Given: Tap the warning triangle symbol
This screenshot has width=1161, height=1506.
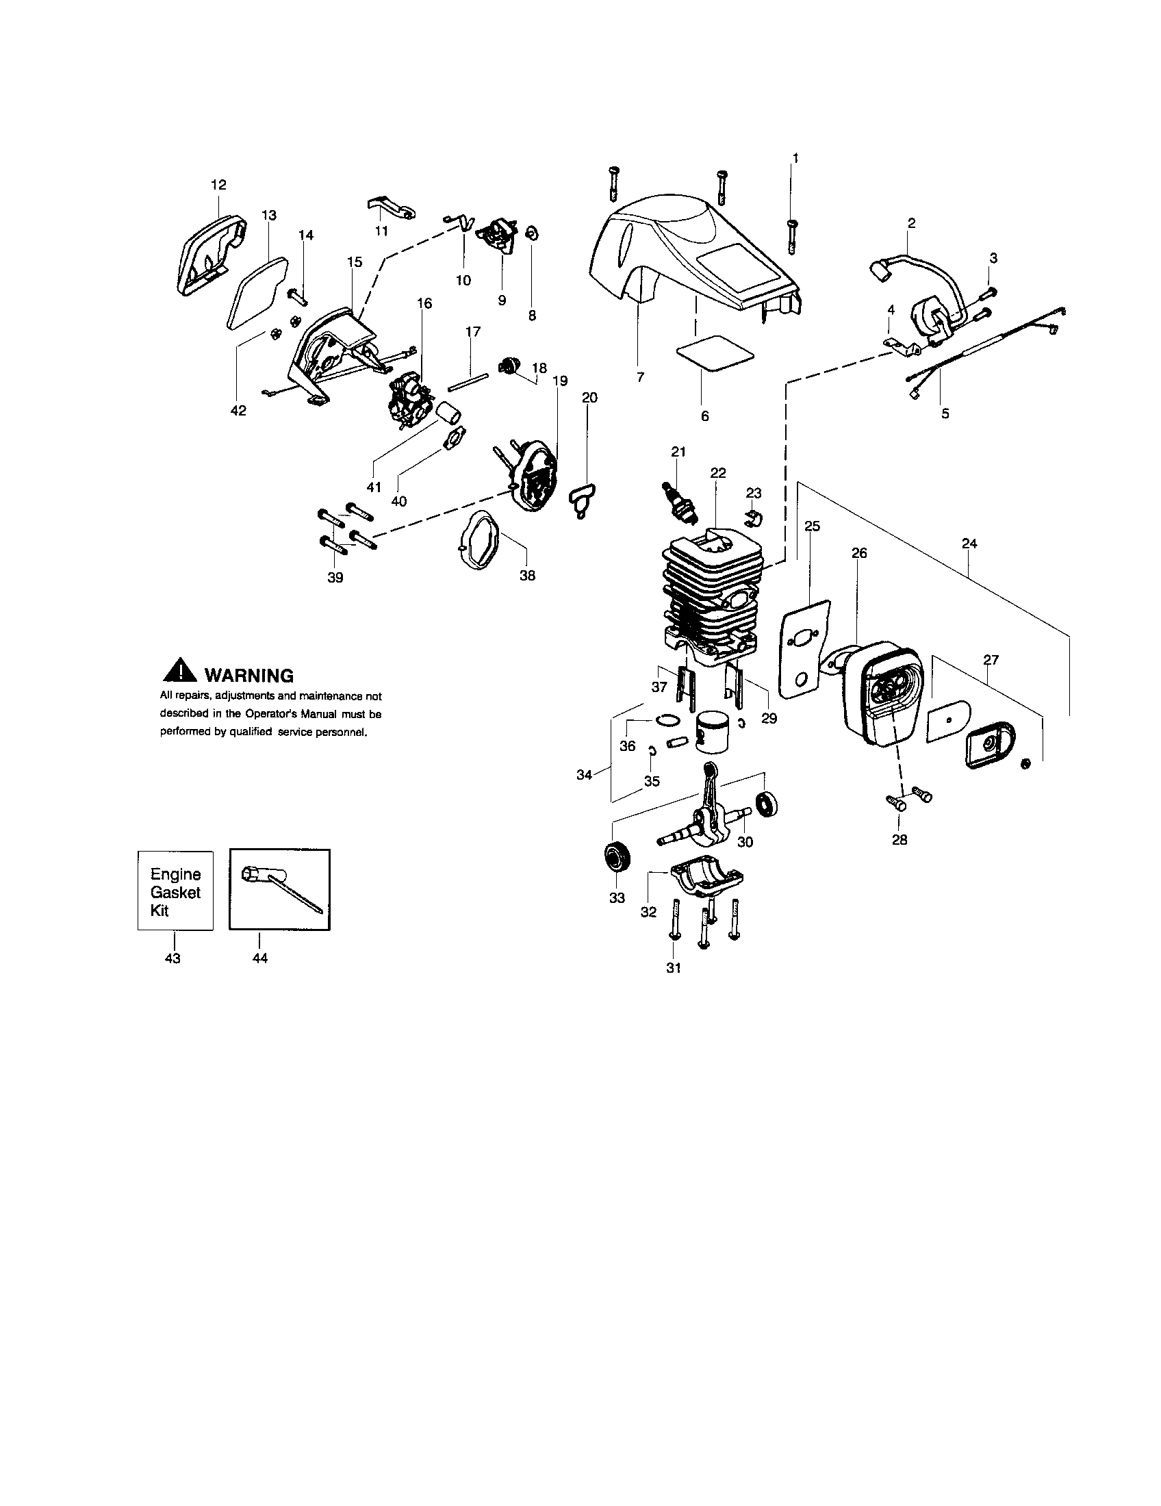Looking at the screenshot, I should pos(179,669).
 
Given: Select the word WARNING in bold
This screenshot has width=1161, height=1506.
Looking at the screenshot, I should pos(249,675).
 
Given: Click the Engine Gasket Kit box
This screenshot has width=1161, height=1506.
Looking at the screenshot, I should pos(175,891).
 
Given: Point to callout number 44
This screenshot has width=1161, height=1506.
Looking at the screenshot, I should pos(260,958).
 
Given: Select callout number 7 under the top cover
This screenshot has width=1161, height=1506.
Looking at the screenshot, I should pos(641,377).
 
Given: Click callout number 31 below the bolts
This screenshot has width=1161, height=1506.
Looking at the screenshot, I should pos(674,967).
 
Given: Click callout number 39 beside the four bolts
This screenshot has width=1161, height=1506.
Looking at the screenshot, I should pos(335,577).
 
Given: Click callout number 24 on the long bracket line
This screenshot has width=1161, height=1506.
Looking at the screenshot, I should pos(969,544).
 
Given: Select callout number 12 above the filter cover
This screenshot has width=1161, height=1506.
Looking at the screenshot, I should pos(218,185).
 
